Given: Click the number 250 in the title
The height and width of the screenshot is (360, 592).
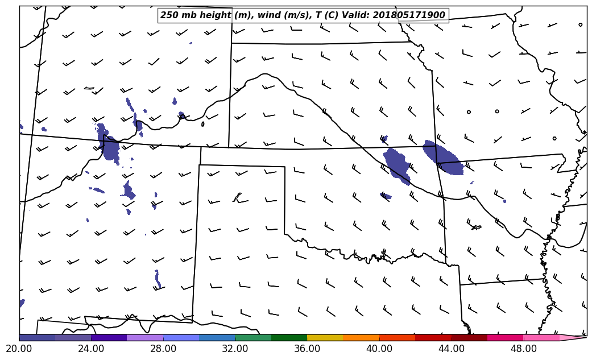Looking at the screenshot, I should click(169, 15).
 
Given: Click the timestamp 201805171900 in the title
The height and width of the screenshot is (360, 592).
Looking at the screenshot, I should click(409, 15).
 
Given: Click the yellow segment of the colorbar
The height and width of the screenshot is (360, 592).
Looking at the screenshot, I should click(325, 337).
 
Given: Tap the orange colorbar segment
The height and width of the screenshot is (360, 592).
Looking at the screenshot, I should click(361, 337).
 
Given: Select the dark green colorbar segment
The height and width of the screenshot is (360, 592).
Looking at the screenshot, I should click(289, 337).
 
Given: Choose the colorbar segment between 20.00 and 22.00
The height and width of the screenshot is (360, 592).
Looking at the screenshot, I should click(37, 337).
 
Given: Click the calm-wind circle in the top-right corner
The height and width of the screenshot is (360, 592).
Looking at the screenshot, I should click(580, 24).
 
